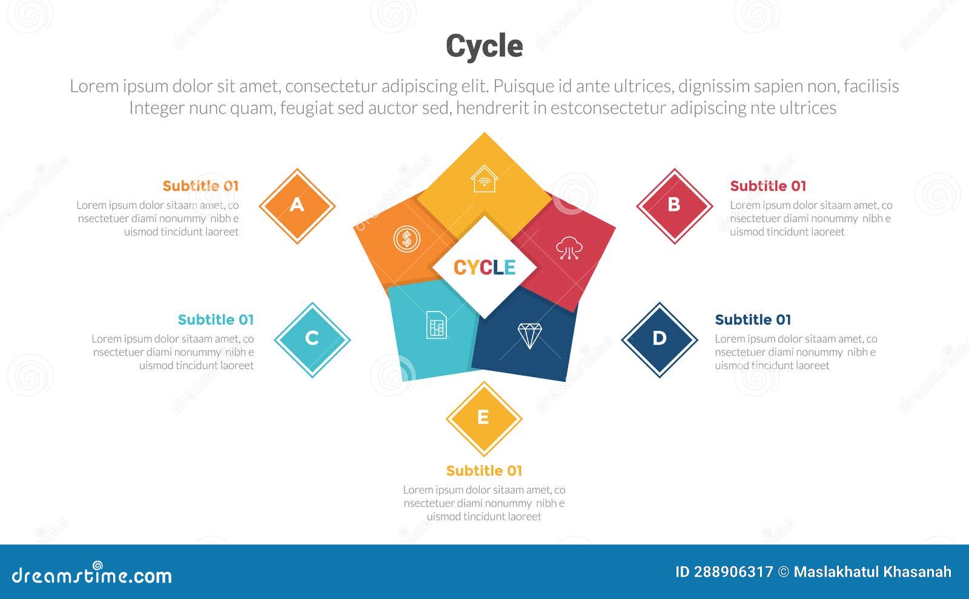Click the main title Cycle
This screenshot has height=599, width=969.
coord(484,46)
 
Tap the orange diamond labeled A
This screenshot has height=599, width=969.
coord(297,206)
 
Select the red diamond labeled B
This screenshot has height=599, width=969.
coord(674,206)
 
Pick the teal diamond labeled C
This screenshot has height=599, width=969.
coord(312,339)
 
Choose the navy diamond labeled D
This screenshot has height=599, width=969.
coord(660,339)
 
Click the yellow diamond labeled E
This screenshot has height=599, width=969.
coord(483,418)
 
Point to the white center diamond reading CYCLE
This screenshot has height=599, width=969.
coord(484,267)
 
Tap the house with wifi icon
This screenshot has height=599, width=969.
coord(484,180)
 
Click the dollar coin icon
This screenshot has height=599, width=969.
coord(407,239)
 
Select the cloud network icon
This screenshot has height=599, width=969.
coord(569,248)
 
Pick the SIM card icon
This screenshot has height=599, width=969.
coord(436,325)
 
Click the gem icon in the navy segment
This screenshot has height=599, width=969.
coord(529,335)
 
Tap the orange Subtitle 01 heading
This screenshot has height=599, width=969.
coord(200,186)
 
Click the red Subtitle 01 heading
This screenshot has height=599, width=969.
coord(768,186)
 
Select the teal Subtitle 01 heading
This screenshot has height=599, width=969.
coord(216,319)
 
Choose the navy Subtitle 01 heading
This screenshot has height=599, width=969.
coord(753,319)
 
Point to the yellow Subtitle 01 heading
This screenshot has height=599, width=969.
coord(484,471)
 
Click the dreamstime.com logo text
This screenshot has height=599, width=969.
coord(92,575)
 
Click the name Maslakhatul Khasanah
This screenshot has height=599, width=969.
coord(872,572)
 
